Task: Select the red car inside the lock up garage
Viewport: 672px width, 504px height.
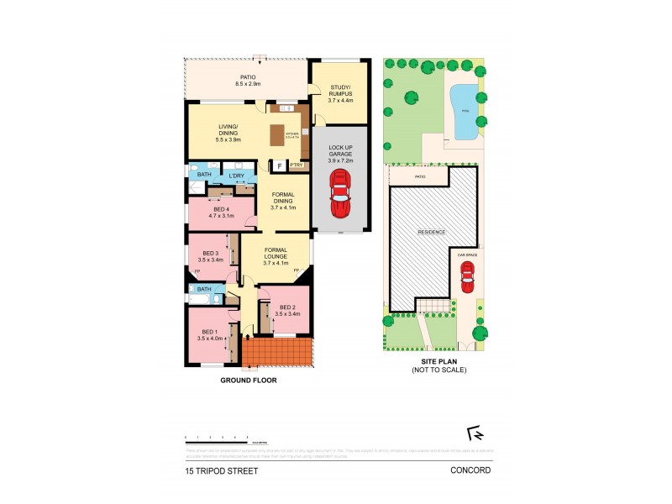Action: (x=339, y=193)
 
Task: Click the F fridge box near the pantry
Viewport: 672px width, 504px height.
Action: (x=279, y=165)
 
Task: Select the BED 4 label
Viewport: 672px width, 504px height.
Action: (x=218, y=213)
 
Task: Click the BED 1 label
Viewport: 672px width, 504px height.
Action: (x=207, y=333)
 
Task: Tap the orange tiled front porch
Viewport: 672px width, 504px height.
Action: (x=276, y=353)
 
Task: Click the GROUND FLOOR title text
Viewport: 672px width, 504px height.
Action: (x=248, y=380)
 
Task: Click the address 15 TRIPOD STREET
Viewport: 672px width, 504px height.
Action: (x=222, y=471)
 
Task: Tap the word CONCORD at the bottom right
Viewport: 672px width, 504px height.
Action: (x=470, y=471)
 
